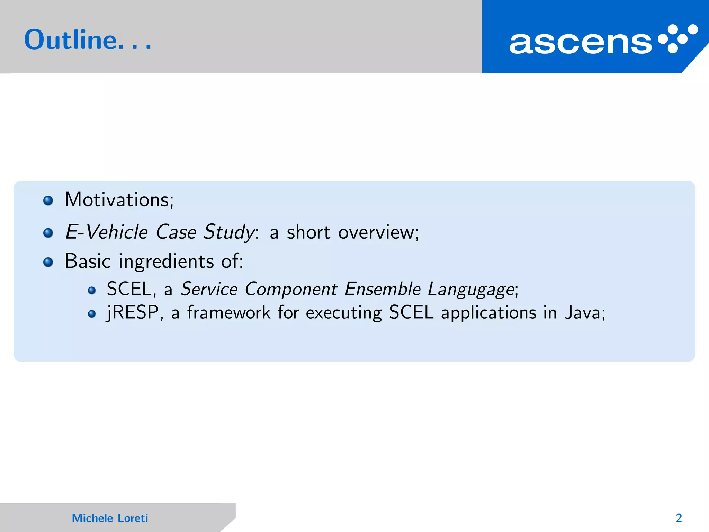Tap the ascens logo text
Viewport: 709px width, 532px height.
pos(580,43)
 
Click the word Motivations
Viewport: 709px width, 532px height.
pos(118,200)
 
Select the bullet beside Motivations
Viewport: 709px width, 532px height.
pos(48,201)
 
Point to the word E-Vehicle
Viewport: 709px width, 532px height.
pos(107,232)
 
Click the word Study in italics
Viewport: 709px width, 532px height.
pos(229,232)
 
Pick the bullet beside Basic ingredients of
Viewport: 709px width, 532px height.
pos(48,262)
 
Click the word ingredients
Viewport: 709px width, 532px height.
pos(166,261)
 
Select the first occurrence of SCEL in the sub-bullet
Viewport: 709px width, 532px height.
pos(129,289)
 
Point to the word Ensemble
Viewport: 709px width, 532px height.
pos(383,289)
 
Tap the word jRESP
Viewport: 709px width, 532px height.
pos(133,312)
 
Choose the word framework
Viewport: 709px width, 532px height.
pos(228,312)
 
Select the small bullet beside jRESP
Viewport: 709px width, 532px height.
pos(92,314)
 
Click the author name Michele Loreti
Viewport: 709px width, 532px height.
pos(110,518)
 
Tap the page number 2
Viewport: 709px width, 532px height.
pos(679,518)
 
